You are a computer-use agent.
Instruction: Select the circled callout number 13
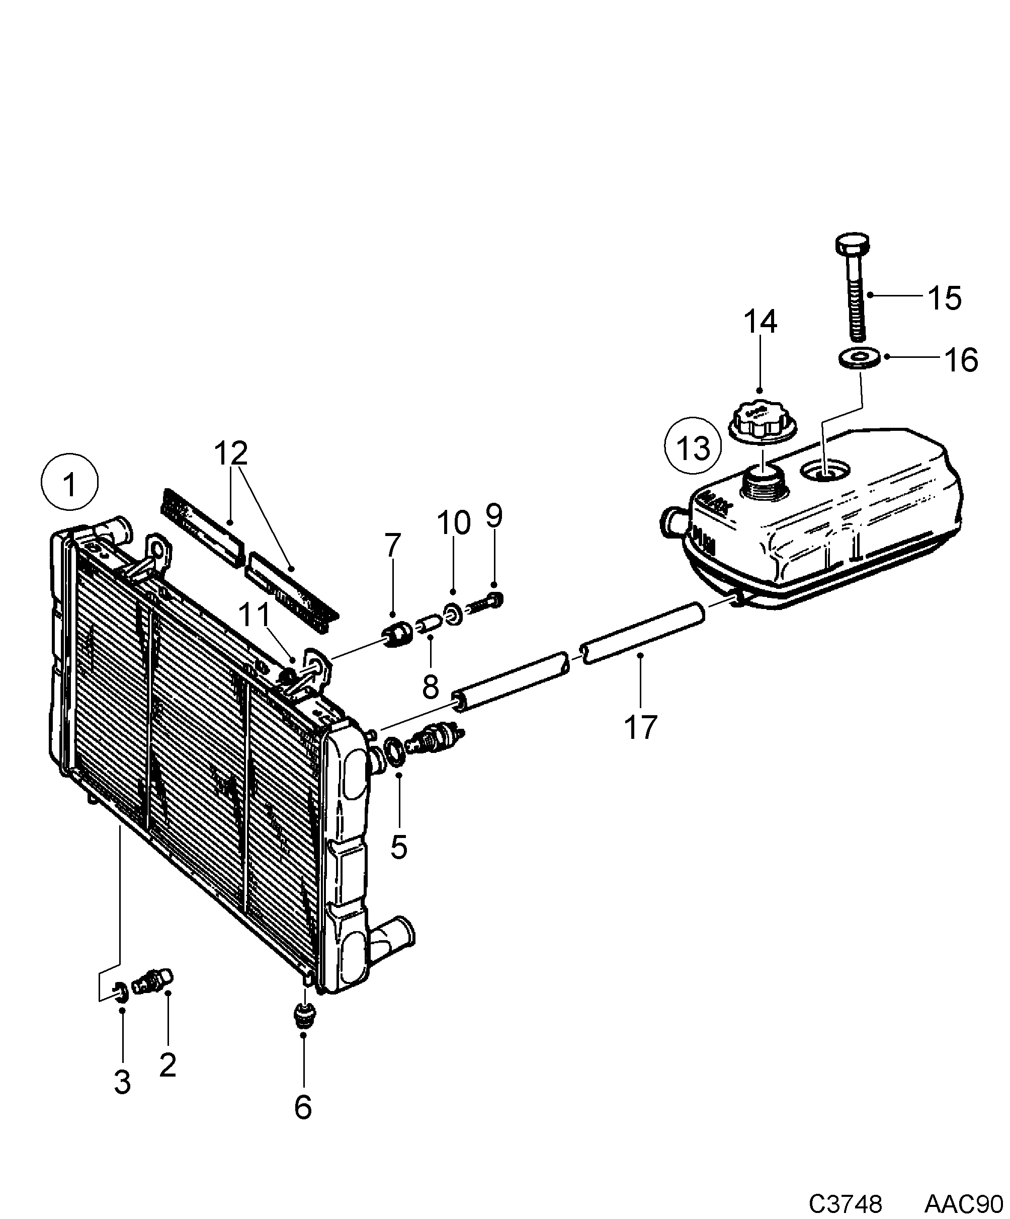point(693,447)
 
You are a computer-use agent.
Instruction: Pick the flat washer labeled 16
point(859,357)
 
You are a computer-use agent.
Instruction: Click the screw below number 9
point(485,603)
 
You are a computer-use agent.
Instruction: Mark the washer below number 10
point(453,614)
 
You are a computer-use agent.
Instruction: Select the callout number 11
point(255,616)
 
